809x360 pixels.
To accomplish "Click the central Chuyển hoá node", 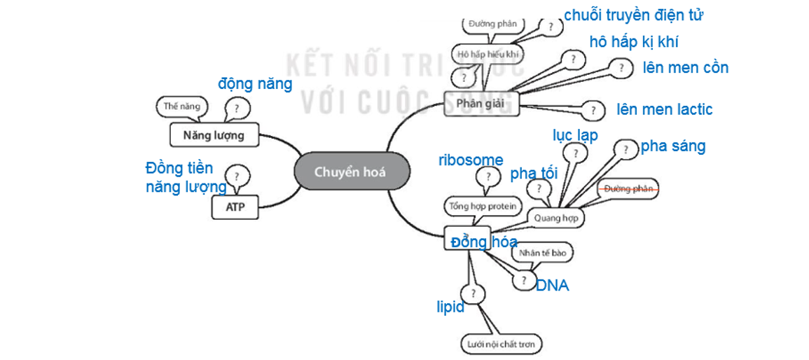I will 350,172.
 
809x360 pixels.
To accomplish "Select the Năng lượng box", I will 214,134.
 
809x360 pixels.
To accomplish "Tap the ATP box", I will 235,207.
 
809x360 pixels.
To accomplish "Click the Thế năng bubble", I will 181,107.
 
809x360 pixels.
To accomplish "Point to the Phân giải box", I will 480,104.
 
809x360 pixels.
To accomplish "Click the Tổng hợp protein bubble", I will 482,206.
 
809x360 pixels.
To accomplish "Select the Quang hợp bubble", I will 555,218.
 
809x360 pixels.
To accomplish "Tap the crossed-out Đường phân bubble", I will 628,188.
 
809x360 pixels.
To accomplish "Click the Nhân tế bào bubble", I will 543,253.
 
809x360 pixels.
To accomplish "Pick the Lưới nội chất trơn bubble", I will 501,344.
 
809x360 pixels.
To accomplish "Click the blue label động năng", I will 255,84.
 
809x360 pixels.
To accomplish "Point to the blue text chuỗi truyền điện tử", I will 633,15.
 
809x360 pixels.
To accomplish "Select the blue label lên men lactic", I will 664,109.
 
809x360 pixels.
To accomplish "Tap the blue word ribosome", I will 471,160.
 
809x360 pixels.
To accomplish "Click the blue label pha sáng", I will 672,146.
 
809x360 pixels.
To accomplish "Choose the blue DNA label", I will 553,286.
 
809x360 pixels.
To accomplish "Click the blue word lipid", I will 450,307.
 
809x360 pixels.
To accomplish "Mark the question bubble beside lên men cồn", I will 621,68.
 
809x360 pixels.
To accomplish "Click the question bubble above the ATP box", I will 238,176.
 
